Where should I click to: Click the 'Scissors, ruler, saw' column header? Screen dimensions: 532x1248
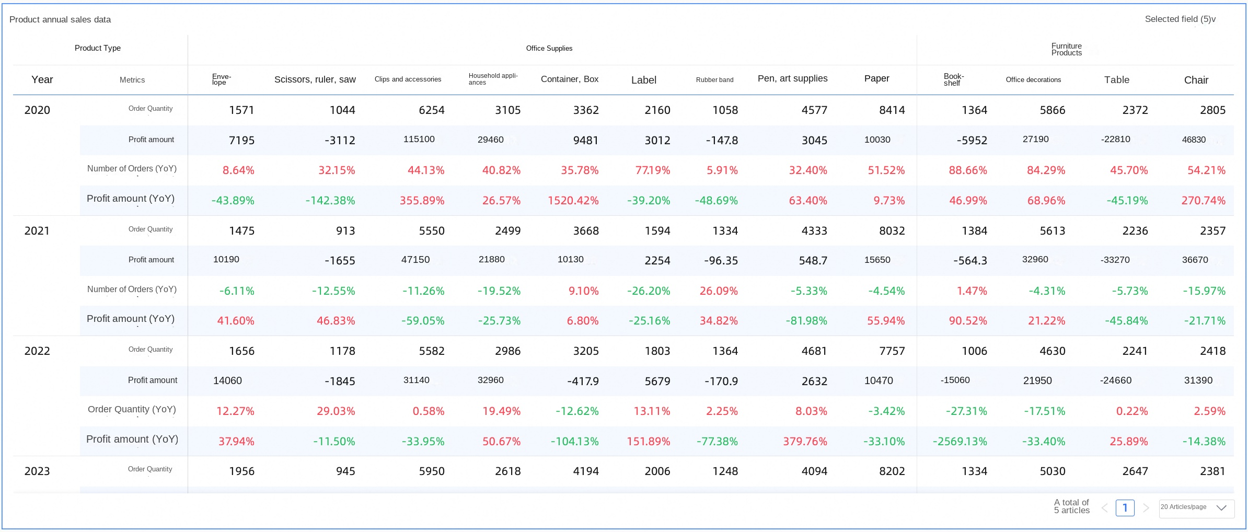click(315, 79)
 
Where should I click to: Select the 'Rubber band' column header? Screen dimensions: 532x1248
click(714, 80)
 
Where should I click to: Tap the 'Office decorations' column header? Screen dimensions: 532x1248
click(1033, 80)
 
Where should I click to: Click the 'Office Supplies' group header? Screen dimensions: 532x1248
click(549, 49)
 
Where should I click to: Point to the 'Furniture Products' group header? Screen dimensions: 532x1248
click(1066, 50)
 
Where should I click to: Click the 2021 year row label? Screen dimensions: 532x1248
click(37, 231)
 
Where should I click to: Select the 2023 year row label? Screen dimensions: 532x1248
click(37, 471)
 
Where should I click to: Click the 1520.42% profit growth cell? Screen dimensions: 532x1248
click(573, 201)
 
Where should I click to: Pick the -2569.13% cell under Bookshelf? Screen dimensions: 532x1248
click(960, 442)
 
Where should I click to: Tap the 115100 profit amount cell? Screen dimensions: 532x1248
click(419, 140)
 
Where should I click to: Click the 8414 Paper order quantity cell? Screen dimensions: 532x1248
click(892, 110)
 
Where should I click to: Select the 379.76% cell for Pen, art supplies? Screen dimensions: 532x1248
click(805, 442)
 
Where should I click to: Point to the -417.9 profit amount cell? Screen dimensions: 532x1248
click(583, 381)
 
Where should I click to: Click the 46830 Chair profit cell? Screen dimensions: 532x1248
click(1194, 140)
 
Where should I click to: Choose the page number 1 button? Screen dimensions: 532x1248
click(1125, 508)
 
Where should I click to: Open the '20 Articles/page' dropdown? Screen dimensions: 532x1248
click(1196, 508)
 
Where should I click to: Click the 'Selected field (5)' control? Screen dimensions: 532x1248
click(1180, 19)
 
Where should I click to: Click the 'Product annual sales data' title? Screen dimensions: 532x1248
click(60, 20)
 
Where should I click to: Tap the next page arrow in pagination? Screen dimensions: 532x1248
click(1146, 508)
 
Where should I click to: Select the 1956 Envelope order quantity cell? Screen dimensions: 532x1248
click(241, 471)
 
